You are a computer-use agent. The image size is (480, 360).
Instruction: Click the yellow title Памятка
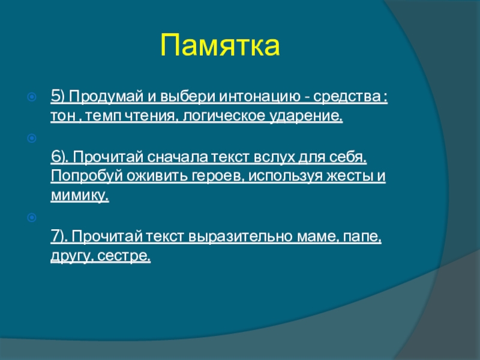click(x=220, y=46)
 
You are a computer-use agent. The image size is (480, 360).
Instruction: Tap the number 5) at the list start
click(x=58, y=97)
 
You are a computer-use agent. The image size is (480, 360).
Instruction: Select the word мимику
click(x=79, y=196)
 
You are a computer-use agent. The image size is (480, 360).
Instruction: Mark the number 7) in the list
click(x=59, y=236)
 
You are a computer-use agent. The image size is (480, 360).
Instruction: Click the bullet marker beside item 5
click(x=32, y=97)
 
